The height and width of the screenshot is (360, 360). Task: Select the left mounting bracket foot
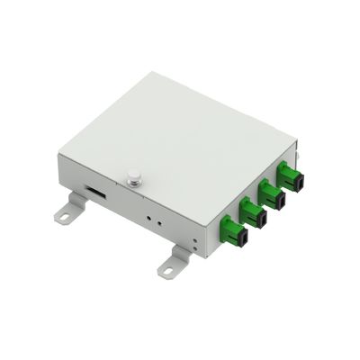[x=68, y=213]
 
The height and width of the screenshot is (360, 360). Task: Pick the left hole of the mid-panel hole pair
[x=148, y=216]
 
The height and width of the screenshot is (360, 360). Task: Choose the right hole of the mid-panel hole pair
[x=157, y=220]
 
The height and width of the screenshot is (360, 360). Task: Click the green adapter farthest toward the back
[x=290, y=173]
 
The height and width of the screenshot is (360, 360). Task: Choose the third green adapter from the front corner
[x=271, y=192]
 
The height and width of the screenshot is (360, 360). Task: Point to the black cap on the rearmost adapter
[x=298, y=179]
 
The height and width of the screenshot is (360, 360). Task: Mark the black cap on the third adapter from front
[x=279, y=199]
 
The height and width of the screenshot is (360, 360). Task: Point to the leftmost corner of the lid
[x=56, y=153]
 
